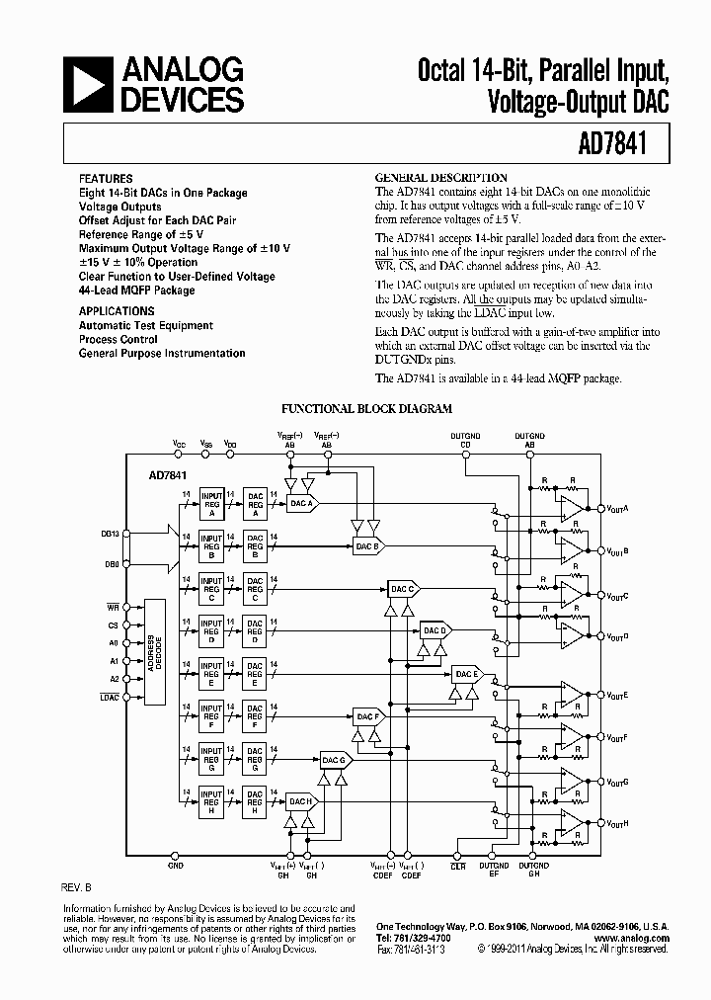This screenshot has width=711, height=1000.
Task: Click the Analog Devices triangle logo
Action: [x=86, y=84]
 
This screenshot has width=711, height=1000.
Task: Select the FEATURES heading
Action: [x=105, y=179]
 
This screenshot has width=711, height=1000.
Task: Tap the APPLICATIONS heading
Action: [x=117, y=310]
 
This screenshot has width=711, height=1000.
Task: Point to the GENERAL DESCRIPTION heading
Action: [x=441, y=178]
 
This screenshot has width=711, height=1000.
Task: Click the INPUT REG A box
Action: [x=211, y=503]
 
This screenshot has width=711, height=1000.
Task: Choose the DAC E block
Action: [x=466, y=675]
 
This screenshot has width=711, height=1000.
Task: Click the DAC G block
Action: [x=334, y=760]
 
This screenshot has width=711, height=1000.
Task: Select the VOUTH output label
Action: [x=617, y=823]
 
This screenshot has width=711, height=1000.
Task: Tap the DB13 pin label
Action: [x=112, y=535]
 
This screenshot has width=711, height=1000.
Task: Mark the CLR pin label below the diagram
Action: [x=457, y=867]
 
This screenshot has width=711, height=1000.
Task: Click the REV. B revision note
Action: [x=78, y=886]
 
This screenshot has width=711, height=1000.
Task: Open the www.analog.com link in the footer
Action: [x=633, y=938]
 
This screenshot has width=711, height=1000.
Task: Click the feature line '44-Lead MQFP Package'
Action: [x=136, y=291]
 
